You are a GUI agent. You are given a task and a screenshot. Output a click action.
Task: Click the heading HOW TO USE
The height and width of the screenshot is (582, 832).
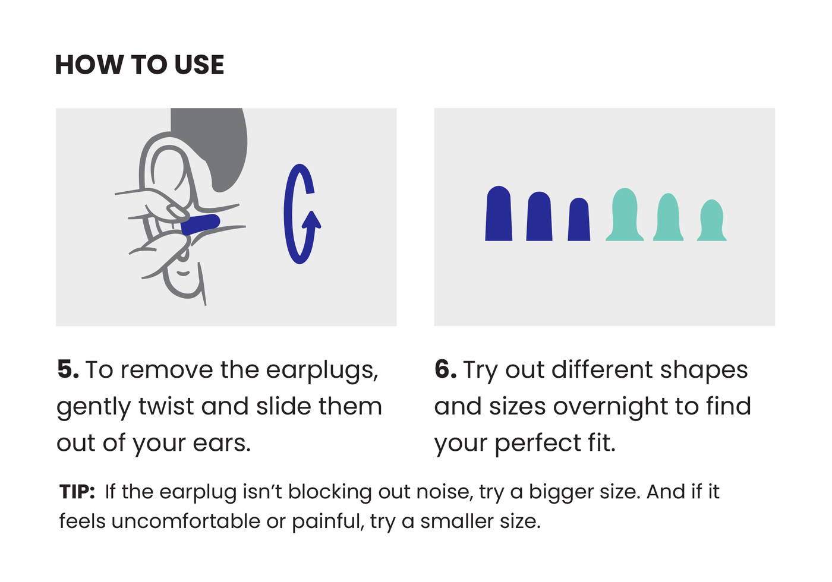pos(139,65)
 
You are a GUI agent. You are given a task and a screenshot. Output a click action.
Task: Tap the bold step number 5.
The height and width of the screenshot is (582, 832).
pos(68,369)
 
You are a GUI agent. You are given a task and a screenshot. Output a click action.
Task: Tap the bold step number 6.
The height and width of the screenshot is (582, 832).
pos(445,369)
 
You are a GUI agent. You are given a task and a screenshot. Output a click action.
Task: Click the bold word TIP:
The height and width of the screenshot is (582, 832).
pos(77,492)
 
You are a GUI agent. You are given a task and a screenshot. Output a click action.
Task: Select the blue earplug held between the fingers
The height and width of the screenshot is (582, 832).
pos(201,224)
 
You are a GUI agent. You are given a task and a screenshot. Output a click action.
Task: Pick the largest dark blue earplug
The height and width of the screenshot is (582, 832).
pos(499,213)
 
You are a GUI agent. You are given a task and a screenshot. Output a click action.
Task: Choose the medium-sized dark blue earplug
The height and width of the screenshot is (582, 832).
pos(540,216)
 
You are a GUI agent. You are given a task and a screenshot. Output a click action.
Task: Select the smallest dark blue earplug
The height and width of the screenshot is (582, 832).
pos(579,219)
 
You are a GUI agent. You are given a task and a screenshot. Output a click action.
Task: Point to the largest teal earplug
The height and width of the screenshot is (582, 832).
pos(625,214)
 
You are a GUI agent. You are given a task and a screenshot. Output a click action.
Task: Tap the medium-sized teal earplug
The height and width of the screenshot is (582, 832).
pos(668,217)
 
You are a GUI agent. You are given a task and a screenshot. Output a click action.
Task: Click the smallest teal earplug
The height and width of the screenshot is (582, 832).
pos(712,220)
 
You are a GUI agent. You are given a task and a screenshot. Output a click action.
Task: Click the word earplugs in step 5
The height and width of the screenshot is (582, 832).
pos(322,371)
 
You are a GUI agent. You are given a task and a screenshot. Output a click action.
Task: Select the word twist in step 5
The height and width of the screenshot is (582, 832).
pos(166,406)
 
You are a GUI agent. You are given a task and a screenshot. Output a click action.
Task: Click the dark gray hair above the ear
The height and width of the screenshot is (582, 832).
pos(215,145)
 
